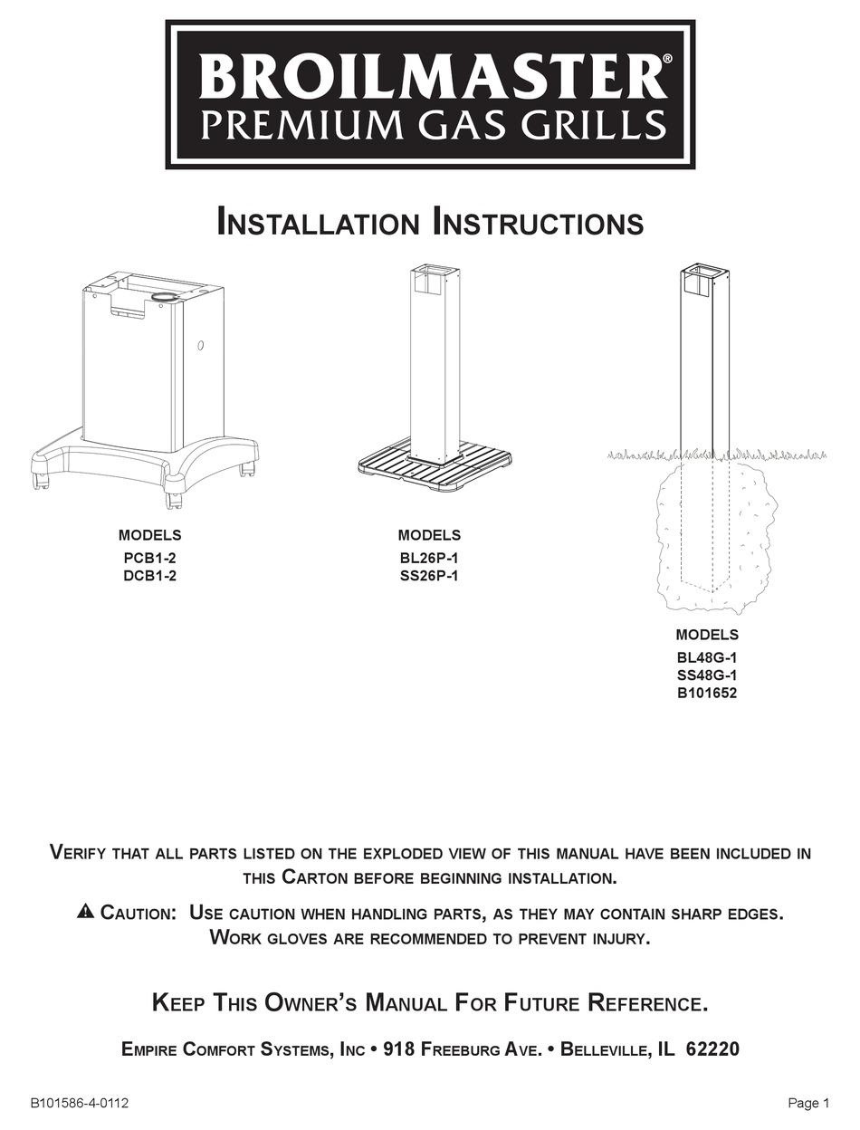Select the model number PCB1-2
[149, 559]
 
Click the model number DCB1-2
[149, 576]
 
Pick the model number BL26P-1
[429, 559]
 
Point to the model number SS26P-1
[429, 576]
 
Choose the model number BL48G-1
[707, 658]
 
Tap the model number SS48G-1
[707, 675]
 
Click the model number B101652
[707, 694]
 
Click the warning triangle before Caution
[85, 911]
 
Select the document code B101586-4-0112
[80, 1103]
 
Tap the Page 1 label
[808, 1103]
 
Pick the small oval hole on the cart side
[201, 346]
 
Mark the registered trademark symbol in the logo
[667, 59]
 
